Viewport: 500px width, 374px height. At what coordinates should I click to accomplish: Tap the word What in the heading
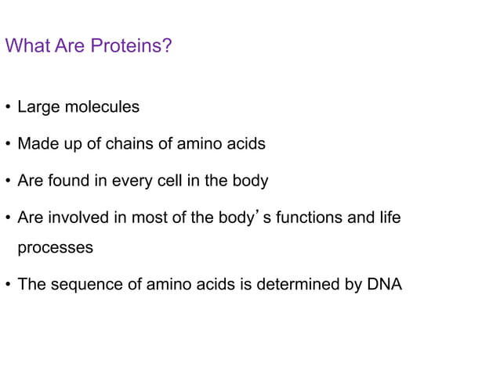pos(27,46)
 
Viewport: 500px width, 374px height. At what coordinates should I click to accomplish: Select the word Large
pos(38,107)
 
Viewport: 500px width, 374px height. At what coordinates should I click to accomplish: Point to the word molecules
pos(102,107)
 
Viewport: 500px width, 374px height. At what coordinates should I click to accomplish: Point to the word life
pos(389,218)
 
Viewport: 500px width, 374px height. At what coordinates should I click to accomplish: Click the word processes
pos(55,248)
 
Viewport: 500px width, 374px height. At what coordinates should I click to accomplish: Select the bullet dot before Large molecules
pos(8,108)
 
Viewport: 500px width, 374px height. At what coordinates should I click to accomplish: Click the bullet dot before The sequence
pos(8,285)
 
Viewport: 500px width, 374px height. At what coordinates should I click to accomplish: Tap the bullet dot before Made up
pos(8,145)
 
